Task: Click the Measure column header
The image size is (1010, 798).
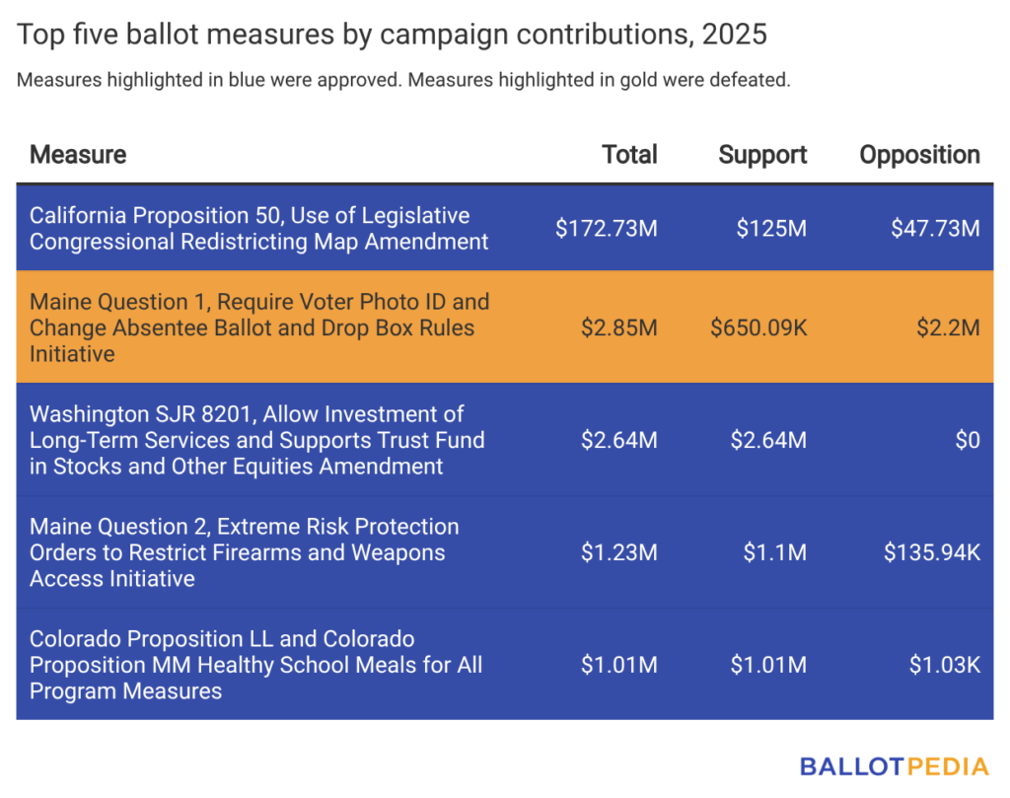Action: (x=78, y=155)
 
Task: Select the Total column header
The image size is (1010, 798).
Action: (x=629, y=155)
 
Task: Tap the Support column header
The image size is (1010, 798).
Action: (x=762, y=155)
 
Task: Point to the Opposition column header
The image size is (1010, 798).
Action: (x=919, y=155)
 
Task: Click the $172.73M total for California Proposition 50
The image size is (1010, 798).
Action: (x=606, y=229)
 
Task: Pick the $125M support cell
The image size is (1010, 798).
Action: (x=771, y=229)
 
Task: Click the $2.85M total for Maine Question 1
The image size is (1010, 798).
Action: (x=618, y=327)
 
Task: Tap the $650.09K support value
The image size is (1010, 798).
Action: (x=758, y=327)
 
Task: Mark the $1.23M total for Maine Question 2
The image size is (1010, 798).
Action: (x=618, y=552)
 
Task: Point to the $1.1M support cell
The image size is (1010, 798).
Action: (x=774, y=552)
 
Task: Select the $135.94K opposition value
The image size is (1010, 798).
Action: (x=931, y=552)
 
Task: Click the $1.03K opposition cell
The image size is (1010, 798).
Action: (x=944, y=665)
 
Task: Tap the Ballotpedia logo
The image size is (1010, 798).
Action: (x=894, y=766)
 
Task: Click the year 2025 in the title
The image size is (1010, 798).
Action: (x=734, y=36)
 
